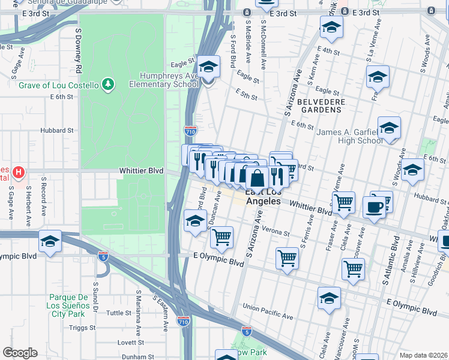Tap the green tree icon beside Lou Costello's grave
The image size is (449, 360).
(107, 85)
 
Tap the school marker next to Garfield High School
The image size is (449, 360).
(389, 128)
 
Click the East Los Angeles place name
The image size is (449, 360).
(263, 197)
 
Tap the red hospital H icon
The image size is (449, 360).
(19, 173)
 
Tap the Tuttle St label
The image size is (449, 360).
(119, 313)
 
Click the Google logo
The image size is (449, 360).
(20, 353)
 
